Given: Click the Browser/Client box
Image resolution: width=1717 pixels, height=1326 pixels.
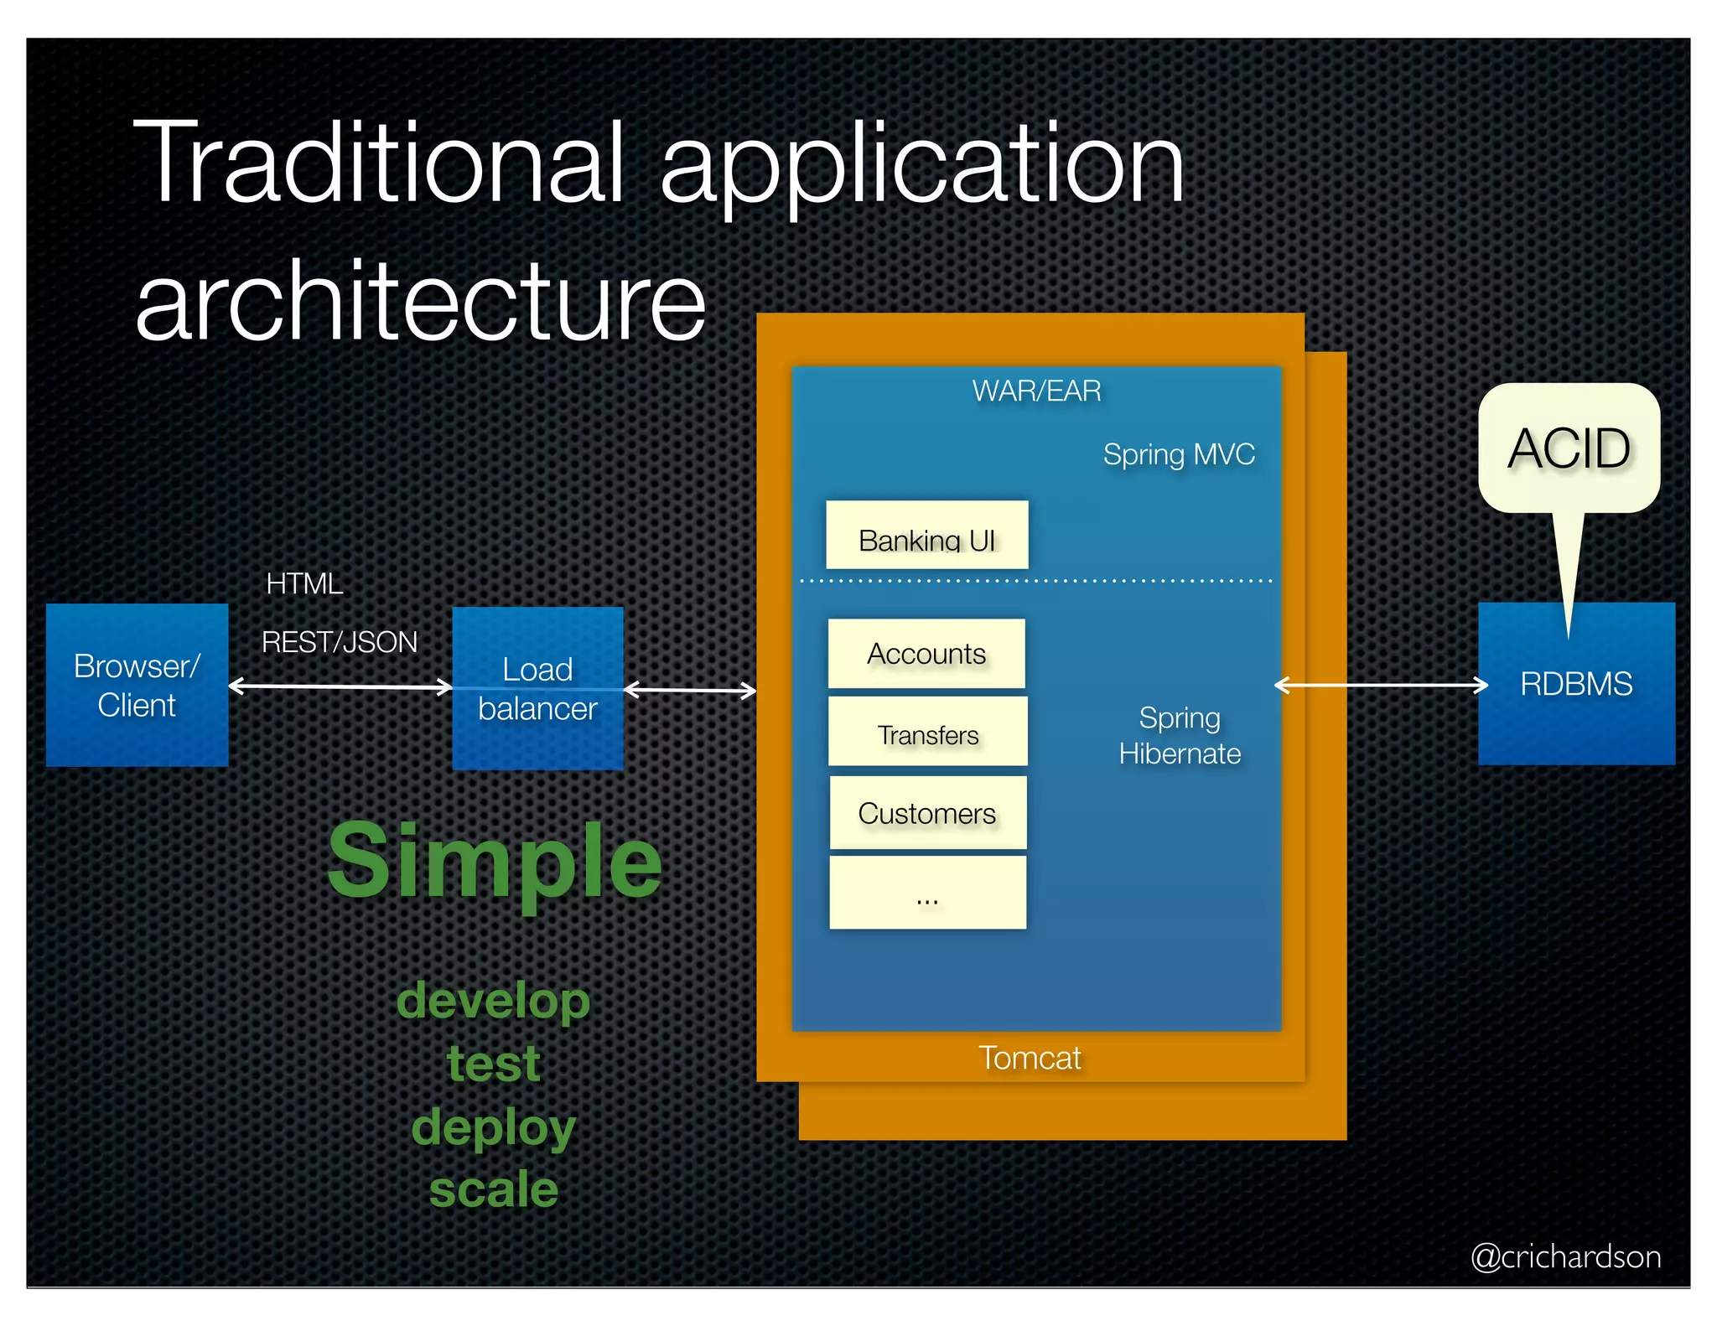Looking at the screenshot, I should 137,685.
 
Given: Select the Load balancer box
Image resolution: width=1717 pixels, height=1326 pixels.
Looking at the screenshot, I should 537,688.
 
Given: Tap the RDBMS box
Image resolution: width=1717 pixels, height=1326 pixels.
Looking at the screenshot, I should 1576,684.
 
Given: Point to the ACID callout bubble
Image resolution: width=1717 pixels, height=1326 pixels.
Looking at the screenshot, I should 1569,448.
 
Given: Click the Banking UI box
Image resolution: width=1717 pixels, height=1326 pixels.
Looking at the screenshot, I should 926,536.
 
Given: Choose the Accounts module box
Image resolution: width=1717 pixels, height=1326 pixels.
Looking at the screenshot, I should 926,654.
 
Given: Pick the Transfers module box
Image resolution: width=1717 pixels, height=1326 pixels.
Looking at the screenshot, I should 927,732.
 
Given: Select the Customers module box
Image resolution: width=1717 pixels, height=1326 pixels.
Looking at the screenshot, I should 927,813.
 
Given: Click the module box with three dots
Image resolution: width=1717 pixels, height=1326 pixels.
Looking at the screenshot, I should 927,893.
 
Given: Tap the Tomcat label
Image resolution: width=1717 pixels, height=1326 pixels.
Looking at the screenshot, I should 1030,1058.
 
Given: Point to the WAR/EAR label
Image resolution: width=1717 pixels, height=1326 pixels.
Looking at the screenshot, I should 1036,391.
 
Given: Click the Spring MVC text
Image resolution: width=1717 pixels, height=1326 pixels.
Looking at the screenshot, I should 1179,454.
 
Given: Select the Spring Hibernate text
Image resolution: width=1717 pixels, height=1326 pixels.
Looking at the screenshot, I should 1180,736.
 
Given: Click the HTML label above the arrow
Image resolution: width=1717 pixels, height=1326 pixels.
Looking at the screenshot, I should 304,583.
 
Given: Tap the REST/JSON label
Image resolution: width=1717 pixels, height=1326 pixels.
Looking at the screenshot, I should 340,642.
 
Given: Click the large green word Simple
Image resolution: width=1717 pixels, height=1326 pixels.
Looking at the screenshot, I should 495,861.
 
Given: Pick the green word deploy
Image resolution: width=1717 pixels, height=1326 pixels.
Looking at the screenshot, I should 494,1127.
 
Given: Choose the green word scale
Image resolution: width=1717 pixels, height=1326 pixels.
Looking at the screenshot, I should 494,1189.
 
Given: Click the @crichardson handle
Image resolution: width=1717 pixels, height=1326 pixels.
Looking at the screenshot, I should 1565,1256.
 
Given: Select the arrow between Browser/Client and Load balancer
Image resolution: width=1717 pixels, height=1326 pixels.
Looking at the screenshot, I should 340,687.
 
